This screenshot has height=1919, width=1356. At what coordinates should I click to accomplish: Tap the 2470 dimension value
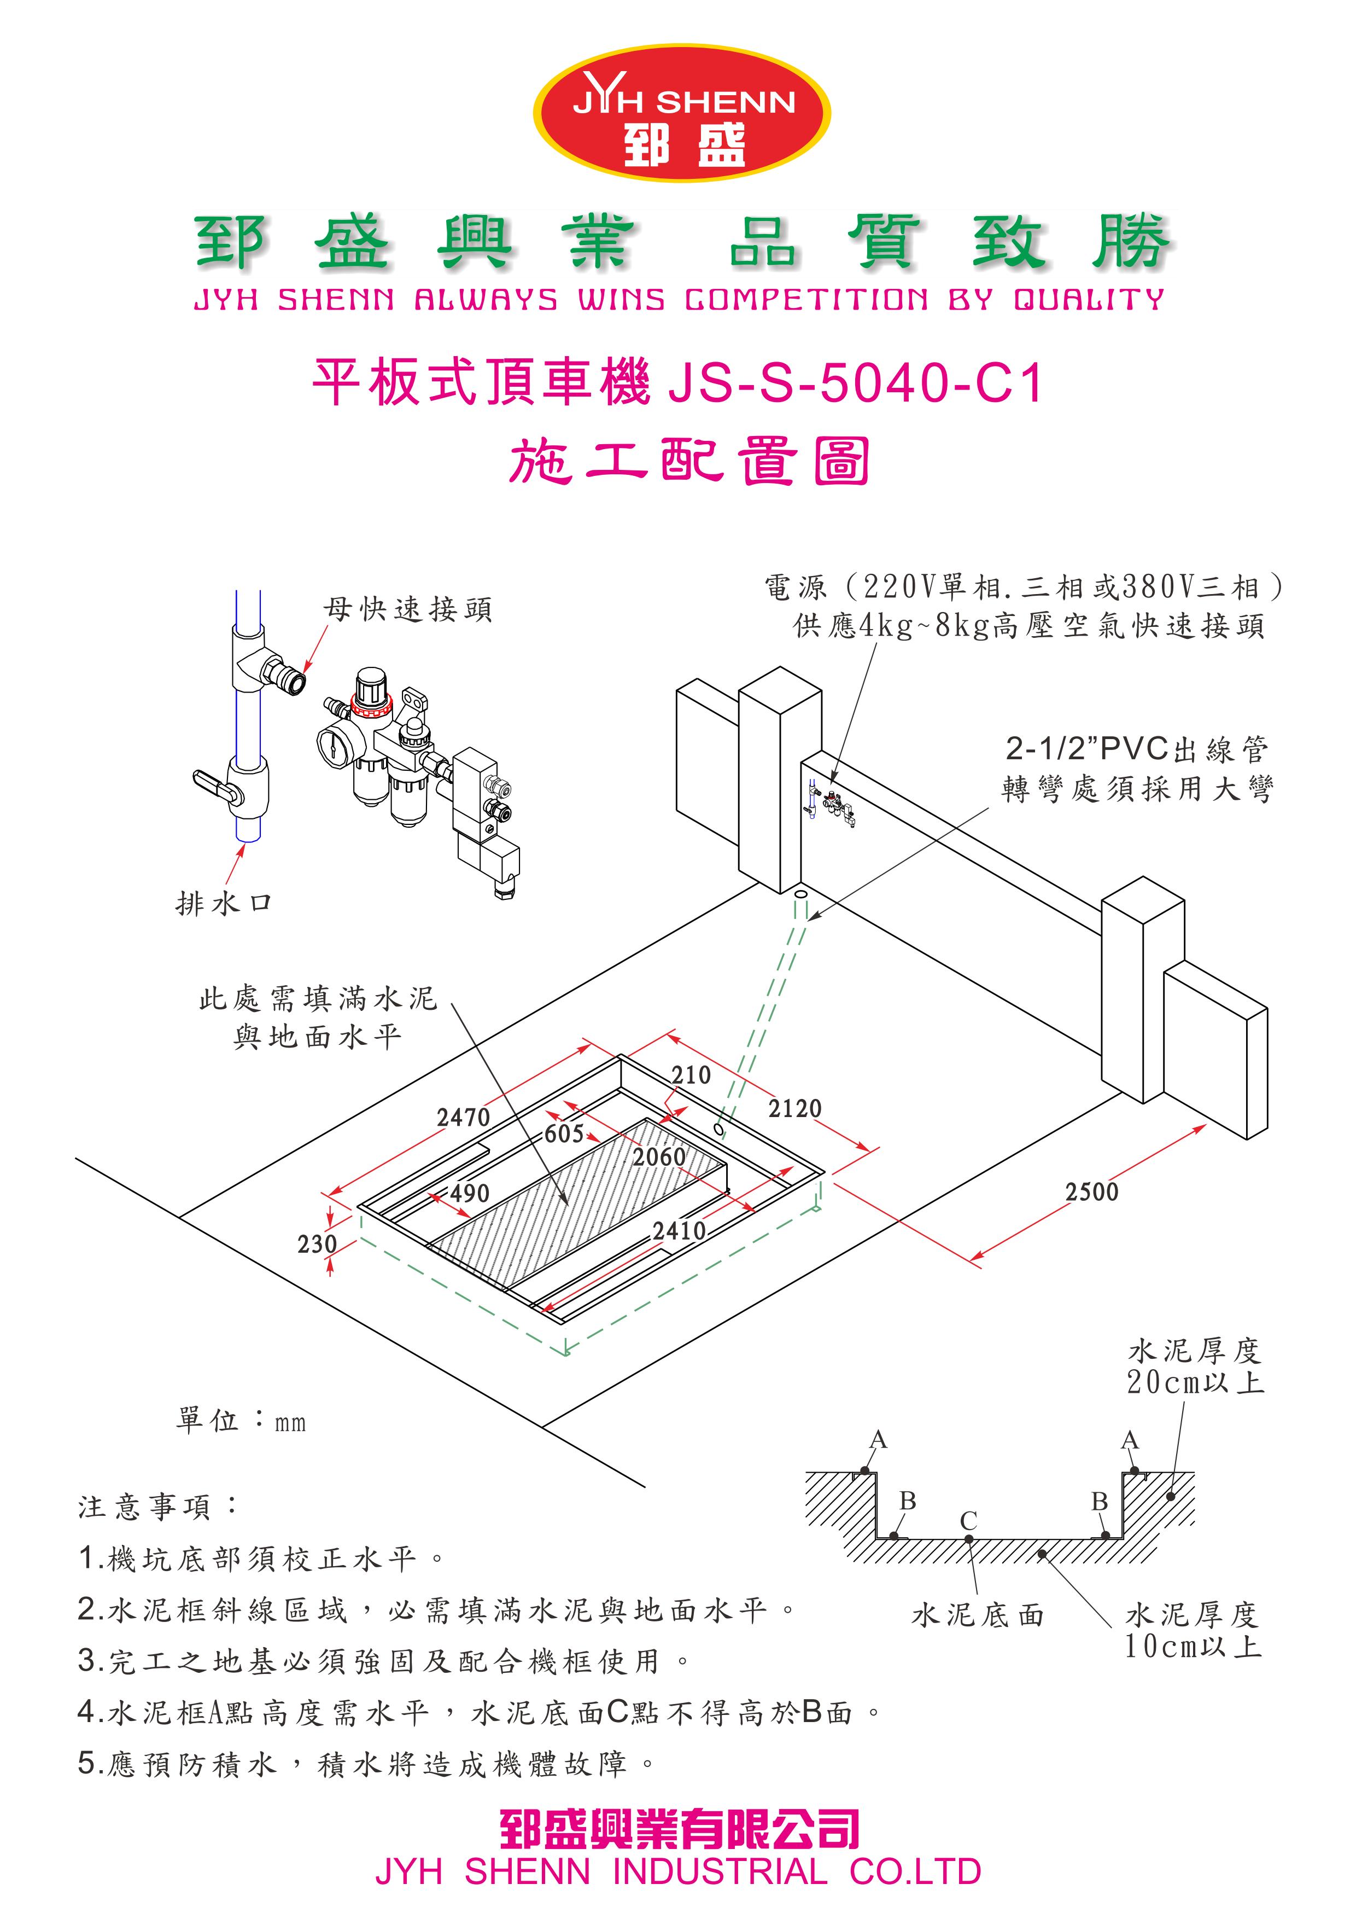coord(463,1118)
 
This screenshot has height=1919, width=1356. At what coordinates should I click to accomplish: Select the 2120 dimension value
coord(794,1108)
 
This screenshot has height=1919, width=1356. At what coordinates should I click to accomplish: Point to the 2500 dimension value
coord(1091,1192)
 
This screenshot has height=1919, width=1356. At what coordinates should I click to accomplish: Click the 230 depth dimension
coord(318,1245)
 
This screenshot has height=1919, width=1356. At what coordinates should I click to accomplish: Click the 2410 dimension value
coord(679,1231)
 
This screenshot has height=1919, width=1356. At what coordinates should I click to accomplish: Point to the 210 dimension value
coord(691,1075)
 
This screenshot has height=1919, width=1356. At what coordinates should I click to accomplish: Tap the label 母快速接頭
coord(408,609)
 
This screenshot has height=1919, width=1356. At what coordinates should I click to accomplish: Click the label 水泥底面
coord(978,1615)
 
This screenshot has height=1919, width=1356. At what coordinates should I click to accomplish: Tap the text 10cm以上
coord(1193,1647)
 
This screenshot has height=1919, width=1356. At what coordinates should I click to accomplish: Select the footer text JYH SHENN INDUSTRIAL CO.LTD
coord(677,1871)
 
